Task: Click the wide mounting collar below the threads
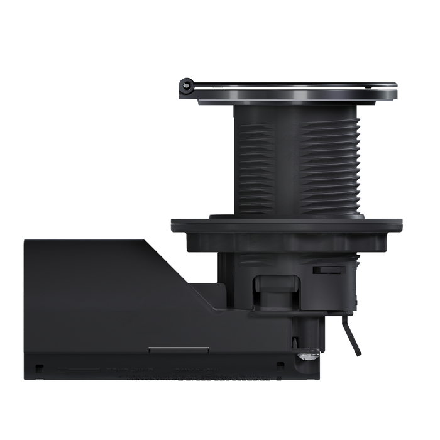pyautogui.click(x=286, y=224)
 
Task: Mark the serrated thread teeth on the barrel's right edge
pyautogui.click(x=359, y=163)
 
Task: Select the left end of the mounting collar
pyautogui.click(x=173, y=224)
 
